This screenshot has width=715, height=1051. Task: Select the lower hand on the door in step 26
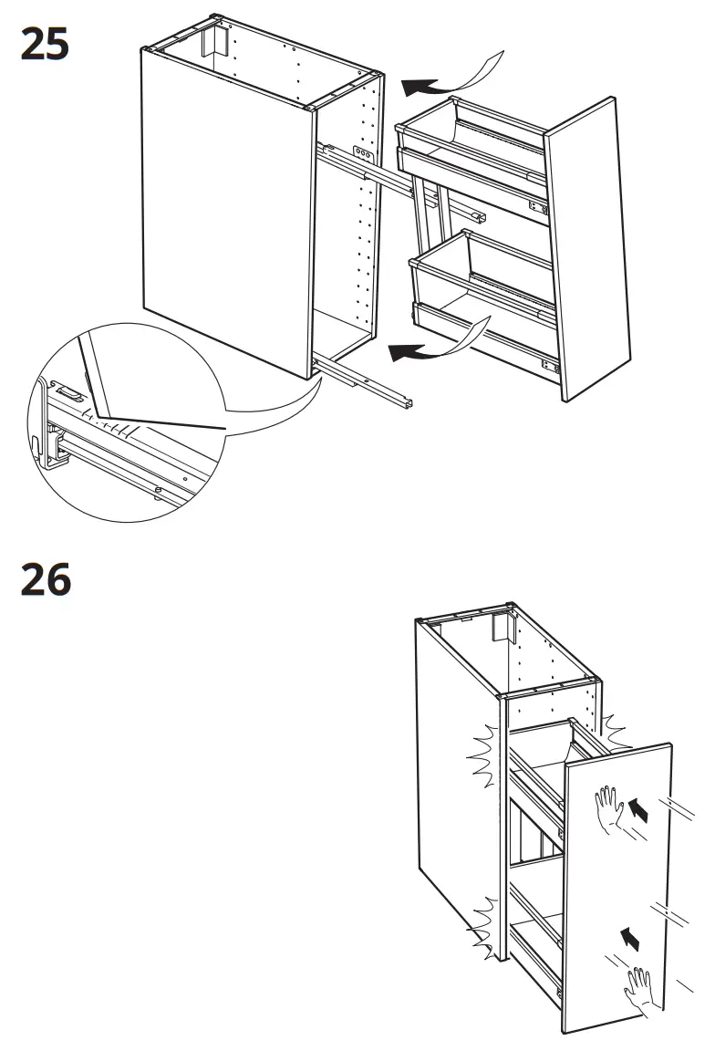click(x=638, y=988)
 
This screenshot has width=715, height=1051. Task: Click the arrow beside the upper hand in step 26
click(x=641, y=807)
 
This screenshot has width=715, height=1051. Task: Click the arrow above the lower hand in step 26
click(x=629, y=936)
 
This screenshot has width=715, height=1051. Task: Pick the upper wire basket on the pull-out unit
click(x=470, y=137)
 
